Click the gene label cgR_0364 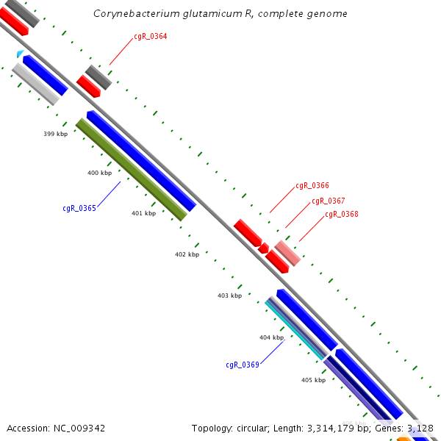click(151, 36)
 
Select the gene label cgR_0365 click(79, 208)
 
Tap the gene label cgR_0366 click(312, 186)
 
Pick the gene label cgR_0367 click(329, 201)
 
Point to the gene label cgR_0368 click(342, 215)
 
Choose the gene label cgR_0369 click(243, 365)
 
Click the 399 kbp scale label click(56, 134)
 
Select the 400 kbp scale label click(100, 173)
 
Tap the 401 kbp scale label click(144, 214)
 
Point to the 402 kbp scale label click(187, 254)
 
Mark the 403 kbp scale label click(229, 295)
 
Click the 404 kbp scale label click(271, 337)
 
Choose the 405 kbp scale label click(313, 380)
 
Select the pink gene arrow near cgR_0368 click(288, 252)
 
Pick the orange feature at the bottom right click(404, 438)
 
